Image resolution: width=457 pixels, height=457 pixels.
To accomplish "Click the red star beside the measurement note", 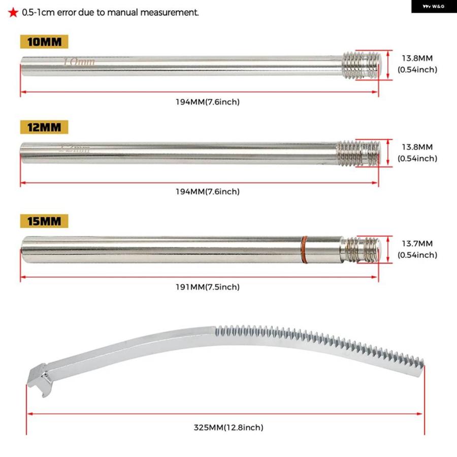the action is (13, 13).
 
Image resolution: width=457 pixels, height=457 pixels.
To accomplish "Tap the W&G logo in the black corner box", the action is (434, 7).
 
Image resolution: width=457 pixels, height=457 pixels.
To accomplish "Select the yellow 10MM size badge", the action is (44, 42).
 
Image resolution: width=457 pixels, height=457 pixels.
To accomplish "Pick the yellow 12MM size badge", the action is (44, 127).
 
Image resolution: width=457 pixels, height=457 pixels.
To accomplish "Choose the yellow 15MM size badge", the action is (44, 221).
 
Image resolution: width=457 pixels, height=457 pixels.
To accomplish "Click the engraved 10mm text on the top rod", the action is (79, 62).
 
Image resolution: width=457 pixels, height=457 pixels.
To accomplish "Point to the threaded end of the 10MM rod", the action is (362, 66).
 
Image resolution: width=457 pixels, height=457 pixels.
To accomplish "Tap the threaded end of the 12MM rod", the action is (359, 153).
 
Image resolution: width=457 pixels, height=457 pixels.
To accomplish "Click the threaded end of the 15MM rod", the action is (361, 250).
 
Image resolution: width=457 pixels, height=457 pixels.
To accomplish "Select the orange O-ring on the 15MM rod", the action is (304, 250).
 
